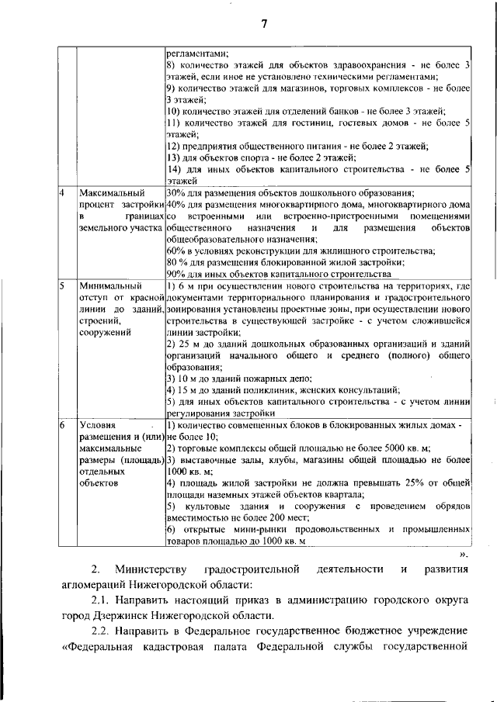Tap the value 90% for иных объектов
coord(176,274)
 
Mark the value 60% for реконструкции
coord(176,251)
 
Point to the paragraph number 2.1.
coord(103,600)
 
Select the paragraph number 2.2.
coord(103,631)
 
